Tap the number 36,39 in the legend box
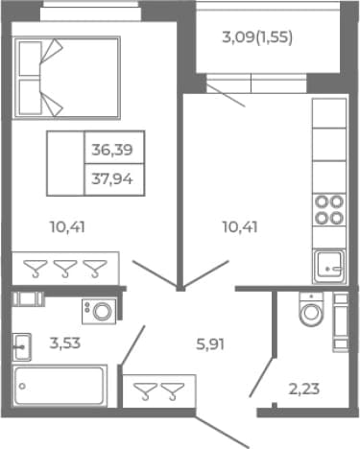[112, 150]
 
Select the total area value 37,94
[112, 179]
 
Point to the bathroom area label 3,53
[65, 343]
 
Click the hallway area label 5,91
[210, 344]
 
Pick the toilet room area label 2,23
[304, 390]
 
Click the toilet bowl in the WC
[311, 309]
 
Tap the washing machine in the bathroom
[99, 311]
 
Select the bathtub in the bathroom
[60, 387]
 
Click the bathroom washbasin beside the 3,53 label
[22, 347]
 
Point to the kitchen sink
[329, 267]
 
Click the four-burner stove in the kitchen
[329, 210]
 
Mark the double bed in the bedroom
[66, 78]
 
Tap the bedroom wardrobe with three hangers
[65, 268]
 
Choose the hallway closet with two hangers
[159, 391]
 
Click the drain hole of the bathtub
[22, 386]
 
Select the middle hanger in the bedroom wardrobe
[65, 269]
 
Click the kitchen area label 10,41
[240, 227]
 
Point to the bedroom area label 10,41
[67, 227]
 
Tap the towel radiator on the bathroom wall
[28, 299]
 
